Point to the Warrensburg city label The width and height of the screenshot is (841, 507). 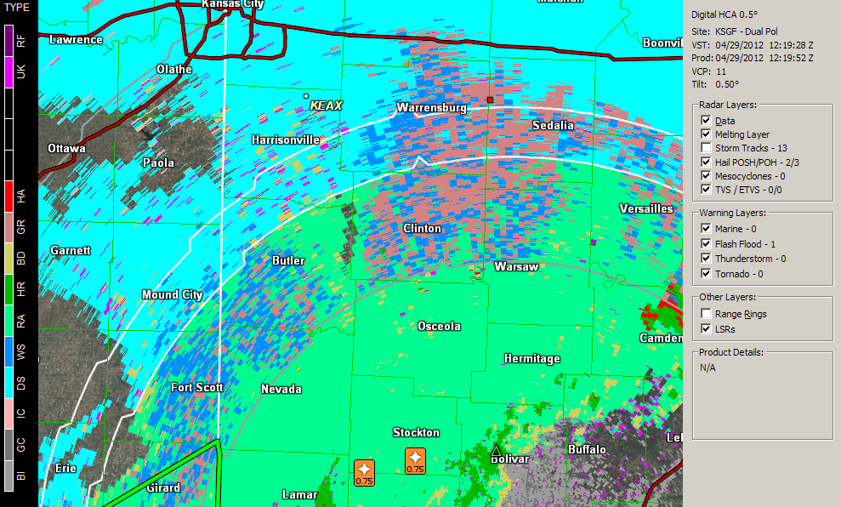pos(431,108)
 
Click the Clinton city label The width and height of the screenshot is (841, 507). pos(423,228)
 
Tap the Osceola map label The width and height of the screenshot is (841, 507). pos(439,327)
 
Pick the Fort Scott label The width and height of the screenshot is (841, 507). pos(197,387)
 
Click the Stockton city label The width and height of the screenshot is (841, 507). pos(416,433)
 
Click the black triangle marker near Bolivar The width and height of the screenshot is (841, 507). pos(497,451)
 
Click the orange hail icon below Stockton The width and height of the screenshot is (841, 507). pos(415,460)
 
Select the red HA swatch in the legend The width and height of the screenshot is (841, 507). pos(9,197)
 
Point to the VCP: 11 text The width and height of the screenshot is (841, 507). pos(709,71)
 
